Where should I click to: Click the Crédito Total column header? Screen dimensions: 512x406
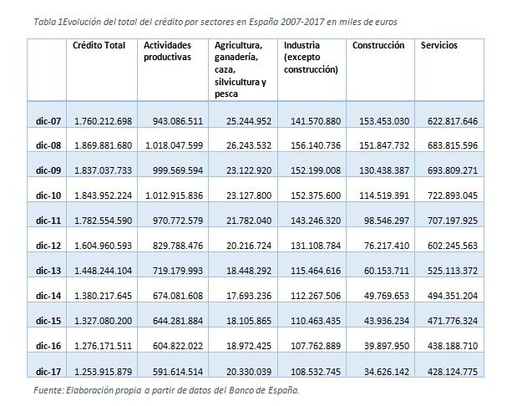click(99, 45)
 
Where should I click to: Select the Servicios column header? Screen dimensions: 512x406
click(438, 45)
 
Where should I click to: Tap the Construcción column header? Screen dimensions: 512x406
click(378, 45)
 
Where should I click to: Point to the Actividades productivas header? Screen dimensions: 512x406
click(167, 51)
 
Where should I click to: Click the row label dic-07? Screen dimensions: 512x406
click(48, 121)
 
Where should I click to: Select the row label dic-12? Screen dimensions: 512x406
click(48, 246)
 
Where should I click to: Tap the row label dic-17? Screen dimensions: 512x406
click(48, 372)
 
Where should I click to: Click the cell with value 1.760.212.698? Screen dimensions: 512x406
click(104, 121)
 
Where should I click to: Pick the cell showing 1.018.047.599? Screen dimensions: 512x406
click(174, 145)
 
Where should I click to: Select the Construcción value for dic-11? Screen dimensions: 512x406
click(387, 221)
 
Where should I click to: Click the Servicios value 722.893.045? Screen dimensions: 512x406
click(453, 195)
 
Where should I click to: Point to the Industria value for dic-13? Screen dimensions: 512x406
click(316, 271)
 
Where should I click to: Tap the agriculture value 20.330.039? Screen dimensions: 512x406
click(249, 372)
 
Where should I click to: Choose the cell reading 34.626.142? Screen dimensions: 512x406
click(387, 372)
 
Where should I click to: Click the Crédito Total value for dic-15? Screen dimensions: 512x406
click(104, 321)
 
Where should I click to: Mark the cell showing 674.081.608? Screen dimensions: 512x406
click(178, 296)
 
